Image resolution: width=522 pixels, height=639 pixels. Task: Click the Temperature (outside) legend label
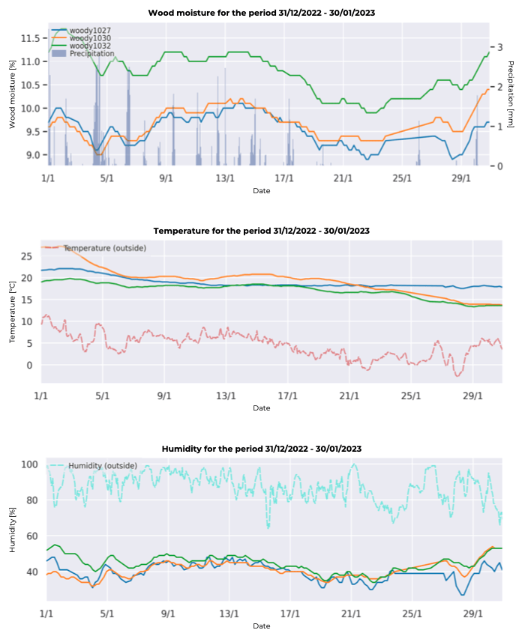pyautogui.click(x=104, y=248)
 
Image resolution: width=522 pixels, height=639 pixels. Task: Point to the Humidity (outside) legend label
pyautogui.click(x=103, y=466)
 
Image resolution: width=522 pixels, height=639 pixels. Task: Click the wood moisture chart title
pyautogui.click(x=262, y=13)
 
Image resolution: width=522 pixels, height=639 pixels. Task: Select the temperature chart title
pyautogui.click(x=262, y=231)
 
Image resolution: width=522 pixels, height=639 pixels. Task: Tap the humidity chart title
pyautogui.click(x=262, y=449)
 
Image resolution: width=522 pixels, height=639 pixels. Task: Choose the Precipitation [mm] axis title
pyautogui.click(x=511, y=93)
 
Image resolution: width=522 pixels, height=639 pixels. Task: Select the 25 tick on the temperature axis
pyautogui.click(x=28, y=256)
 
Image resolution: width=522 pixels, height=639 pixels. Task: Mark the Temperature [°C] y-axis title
pyautogui.click(x=13, y=312)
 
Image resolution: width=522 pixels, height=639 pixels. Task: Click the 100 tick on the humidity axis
pyautogui.click(x=28, y=464)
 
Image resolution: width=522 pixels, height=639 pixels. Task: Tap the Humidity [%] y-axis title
pyautogui.click(x=13, y=530)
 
